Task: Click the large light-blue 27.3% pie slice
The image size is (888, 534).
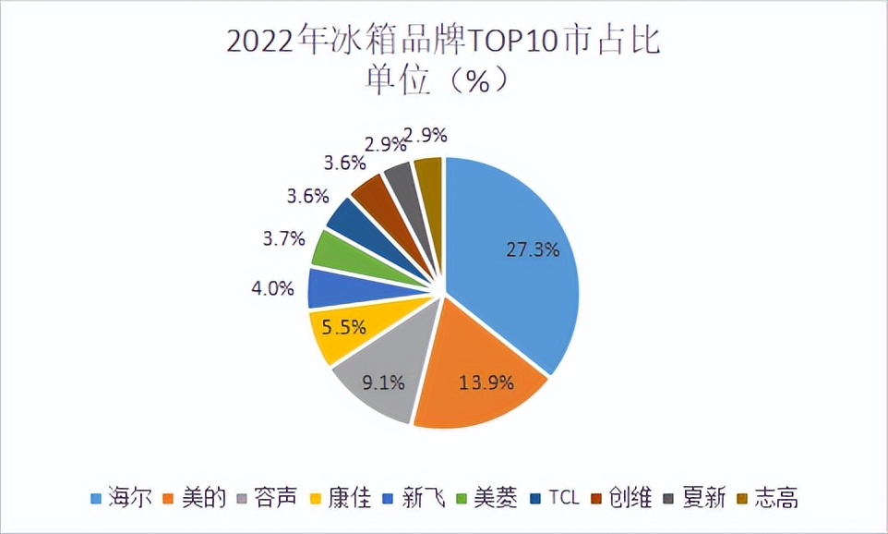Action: coord(517,268)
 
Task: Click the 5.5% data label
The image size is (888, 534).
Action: coord(343,326)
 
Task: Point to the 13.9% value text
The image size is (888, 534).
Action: coord(487,382)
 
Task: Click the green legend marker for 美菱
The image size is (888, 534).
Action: coord(461,500)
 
